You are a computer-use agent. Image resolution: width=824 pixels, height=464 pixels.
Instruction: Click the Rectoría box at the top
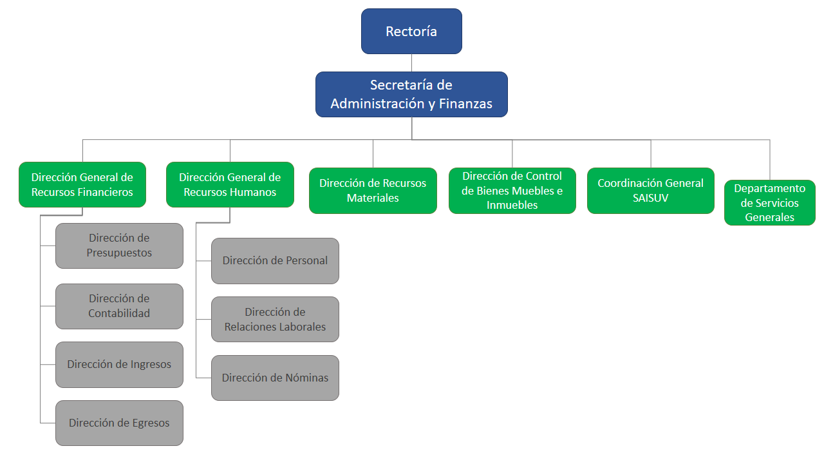click(411, 31)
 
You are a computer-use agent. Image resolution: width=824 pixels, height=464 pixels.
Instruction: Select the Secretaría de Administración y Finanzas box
click(411, 94)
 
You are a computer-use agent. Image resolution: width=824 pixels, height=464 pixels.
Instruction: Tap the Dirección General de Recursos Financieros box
click(82, 184)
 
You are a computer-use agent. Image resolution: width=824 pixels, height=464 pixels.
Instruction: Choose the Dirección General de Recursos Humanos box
click(230, 184)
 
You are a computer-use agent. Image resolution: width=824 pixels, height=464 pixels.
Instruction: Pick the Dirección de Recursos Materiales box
click(373, 191)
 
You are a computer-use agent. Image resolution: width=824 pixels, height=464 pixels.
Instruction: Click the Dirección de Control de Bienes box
click(512, 191)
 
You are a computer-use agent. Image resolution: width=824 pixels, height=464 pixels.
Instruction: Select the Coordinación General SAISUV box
click(651, 191)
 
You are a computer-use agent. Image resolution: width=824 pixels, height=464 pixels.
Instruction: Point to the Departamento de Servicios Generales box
click(770, 203)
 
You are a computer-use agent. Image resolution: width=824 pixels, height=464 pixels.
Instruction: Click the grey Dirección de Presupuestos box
click(119, 246)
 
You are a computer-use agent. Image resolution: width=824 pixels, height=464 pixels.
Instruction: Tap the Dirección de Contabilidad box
click(119, 306)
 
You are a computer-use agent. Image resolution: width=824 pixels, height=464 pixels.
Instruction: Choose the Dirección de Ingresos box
click(119, 365)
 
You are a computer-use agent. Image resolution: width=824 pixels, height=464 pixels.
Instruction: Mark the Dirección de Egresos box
click(119, 423)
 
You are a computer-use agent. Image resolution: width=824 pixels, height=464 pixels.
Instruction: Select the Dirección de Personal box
click(275, 261)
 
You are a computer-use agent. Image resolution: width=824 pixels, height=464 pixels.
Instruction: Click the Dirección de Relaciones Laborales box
click(275, 320)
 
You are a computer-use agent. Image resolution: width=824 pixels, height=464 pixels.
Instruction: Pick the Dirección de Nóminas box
click(275, 378)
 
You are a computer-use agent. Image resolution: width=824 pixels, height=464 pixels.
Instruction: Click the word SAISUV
click(651, 198)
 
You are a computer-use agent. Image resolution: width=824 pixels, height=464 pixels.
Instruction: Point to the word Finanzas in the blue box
click(466, 104)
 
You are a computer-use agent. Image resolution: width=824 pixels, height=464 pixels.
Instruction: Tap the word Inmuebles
click(512, 206)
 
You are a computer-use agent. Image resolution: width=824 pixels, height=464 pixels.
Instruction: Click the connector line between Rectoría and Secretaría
click(411, 63)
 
